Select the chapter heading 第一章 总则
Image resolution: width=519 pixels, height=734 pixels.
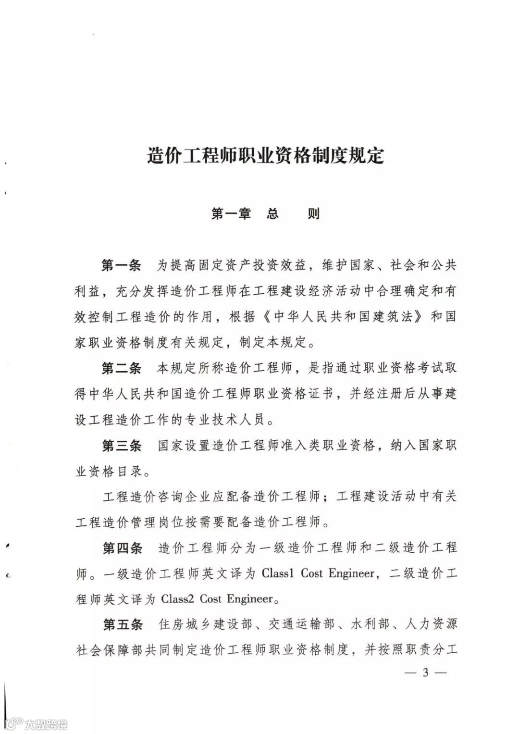pos(265,213)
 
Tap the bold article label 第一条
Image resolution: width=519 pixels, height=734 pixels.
pos(121,265)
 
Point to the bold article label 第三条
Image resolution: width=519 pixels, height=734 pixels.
pos(121,446)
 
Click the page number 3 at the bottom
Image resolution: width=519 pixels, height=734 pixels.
pos(425,672)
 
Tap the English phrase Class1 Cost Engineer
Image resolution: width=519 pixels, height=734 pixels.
pos(318,573)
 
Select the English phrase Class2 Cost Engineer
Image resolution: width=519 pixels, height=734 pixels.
pos(217,599)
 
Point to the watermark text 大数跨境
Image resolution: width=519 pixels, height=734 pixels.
pos(46,723)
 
